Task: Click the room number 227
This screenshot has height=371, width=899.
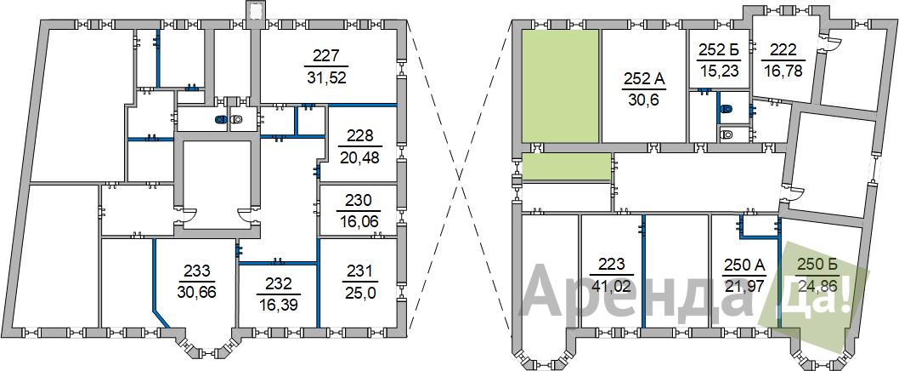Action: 327,56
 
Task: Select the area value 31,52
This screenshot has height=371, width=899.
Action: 327,77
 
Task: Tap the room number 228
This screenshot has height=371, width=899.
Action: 359,136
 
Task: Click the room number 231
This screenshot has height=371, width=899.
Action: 359,270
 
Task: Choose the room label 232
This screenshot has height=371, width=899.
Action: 279,283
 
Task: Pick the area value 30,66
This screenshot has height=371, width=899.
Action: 196,292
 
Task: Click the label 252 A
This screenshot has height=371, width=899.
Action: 643,78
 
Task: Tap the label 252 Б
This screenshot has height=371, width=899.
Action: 719,50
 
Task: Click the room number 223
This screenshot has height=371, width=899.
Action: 611,264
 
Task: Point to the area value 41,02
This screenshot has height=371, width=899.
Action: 611,285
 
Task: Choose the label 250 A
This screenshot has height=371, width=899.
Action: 744,265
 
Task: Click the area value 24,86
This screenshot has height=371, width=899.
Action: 817,285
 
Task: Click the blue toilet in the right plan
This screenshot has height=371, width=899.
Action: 727,109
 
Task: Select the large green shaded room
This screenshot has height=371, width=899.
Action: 560,86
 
